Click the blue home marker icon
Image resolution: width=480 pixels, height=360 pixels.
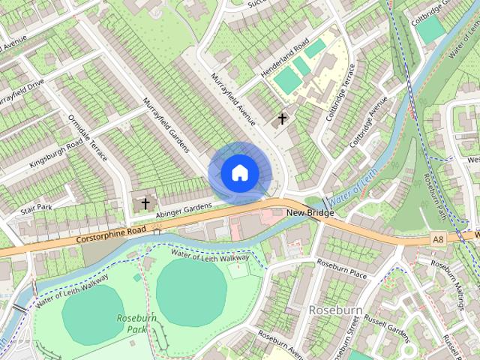pyautogui.click(x=239, y=172)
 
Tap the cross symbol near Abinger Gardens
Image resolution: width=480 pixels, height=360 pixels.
pyautogui.click(x=145, y=202)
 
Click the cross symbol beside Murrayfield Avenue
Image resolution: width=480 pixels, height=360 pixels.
pyautogui.click(x=283, y=118)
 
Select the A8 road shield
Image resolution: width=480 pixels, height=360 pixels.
pyautogui.click(x=438, y=238)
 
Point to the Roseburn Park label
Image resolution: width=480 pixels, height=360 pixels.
pyautogui.click(x=132, y=323)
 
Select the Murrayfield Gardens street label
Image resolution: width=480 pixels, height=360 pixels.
pyautogui.click(x=166, y=124)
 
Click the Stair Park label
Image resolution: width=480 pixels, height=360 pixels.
pyautogui.click(x=36, y=207)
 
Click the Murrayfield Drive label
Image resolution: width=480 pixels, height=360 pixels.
pyautogui.click(x=20, y=91)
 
